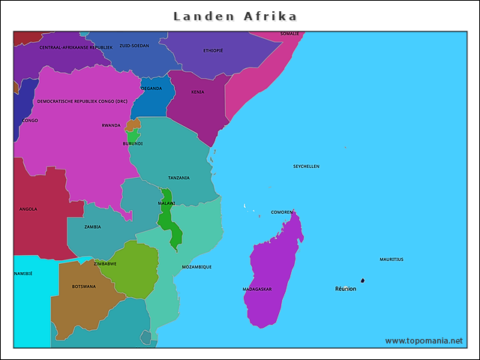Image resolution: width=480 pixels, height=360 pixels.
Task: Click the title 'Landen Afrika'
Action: click(x=235, y=16)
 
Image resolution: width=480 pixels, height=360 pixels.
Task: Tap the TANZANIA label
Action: click(x=178, y=178)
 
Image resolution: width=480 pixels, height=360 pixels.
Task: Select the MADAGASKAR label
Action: click(x=257, y=289)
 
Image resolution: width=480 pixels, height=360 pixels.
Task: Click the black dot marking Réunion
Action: click(x=363, y=280)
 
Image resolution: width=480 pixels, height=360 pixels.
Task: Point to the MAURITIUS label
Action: click(x=391, y=259)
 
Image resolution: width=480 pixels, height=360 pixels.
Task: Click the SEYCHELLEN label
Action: click(x=306, y=166)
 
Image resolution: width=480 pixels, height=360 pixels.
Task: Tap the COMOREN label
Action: click(x=282, y=211)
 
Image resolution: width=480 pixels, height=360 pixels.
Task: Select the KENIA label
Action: click(x=197, y=91)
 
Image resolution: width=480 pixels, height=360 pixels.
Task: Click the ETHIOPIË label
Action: click(x=213, y=50)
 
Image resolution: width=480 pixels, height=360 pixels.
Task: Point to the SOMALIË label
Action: click(x=289, y=34)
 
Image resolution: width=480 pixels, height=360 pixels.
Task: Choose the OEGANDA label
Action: click(x=151, y=88)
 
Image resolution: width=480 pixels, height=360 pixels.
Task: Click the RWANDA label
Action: click(x=111, y=125)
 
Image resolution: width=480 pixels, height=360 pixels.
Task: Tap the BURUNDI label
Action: click(x=133, y=143)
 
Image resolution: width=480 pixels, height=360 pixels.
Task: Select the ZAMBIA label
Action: click(x=92, y=226)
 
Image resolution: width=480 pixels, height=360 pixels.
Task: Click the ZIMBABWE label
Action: click(x=104, y=263)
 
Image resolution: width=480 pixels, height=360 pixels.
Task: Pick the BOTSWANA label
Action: click(x=83, y=286)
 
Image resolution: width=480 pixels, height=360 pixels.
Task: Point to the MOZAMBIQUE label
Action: click(x=196, y=266)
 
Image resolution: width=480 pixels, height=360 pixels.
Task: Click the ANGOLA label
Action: click(x=28, y=209)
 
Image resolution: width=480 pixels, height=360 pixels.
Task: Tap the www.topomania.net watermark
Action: click(x=424, y=340)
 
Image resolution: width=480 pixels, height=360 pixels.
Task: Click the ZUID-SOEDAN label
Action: click(x=133, y=45)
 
